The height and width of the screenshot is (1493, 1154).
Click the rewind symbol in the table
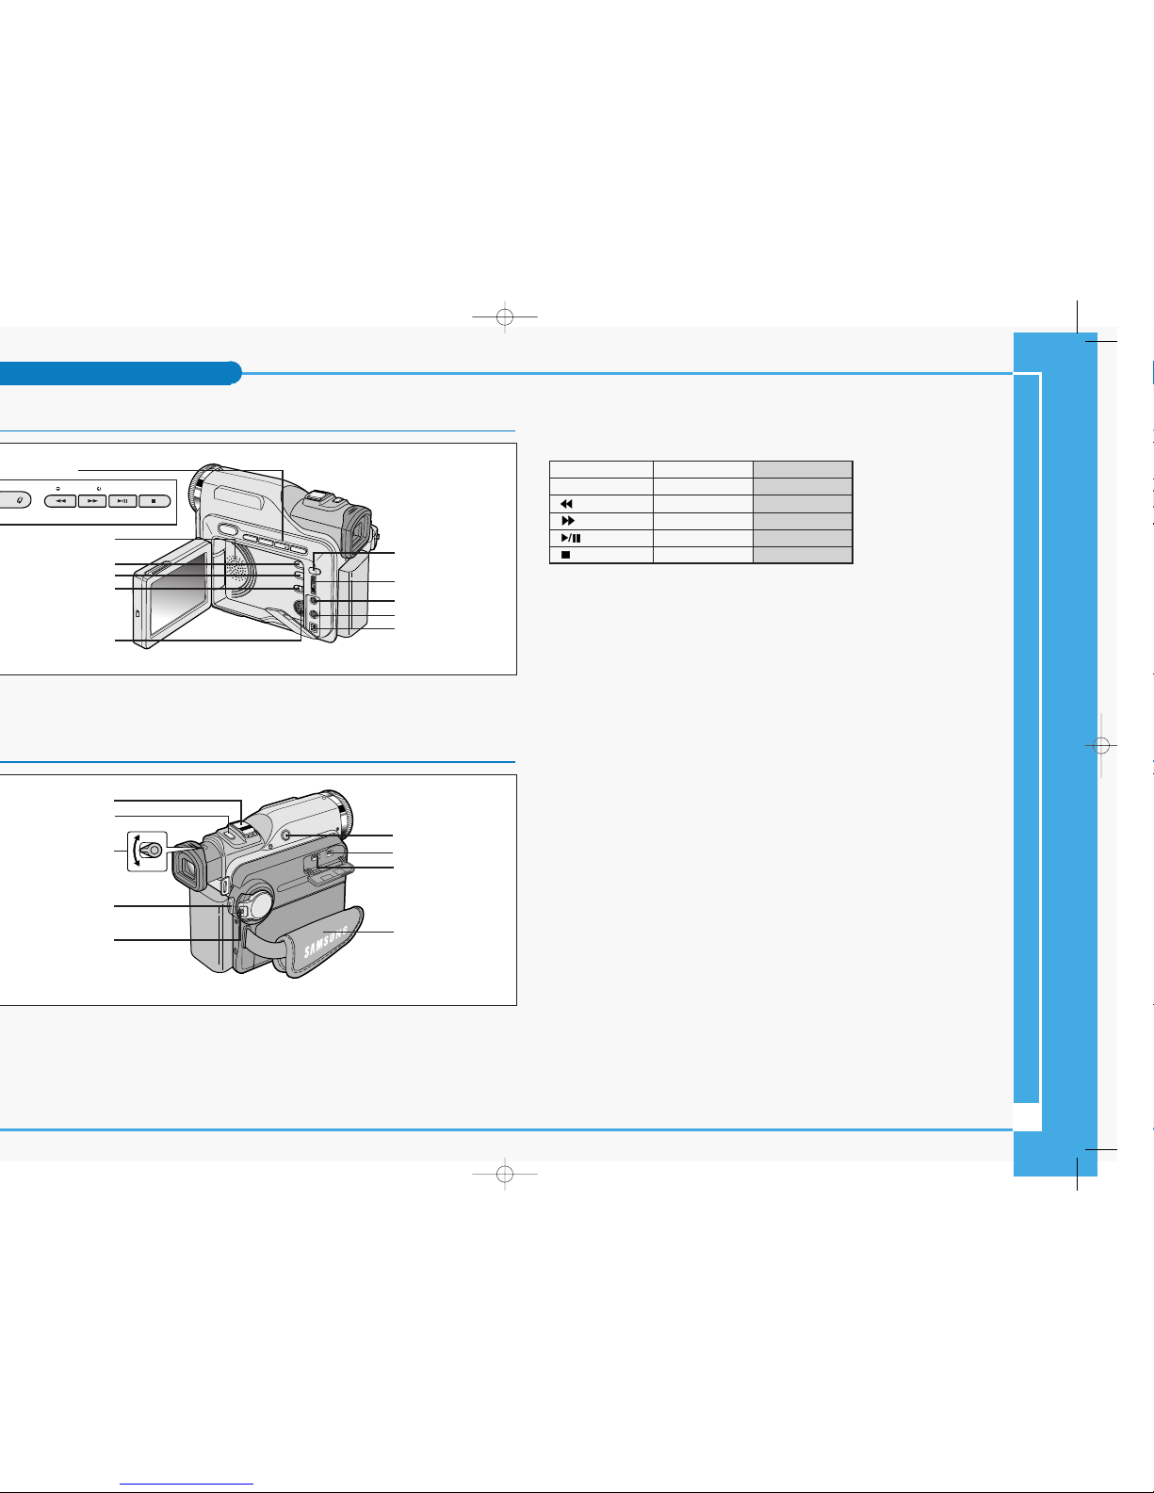(567, 504)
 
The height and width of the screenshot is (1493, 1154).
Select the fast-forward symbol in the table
(568, 521)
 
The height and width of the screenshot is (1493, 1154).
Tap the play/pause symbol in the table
(571, 538)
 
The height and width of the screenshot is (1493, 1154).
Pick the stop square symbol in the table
(566, 555)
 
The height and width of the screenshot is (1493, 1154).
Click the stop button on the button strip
(154, 501)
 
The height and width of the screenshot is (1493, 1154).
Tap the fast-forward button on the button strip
(92, 501)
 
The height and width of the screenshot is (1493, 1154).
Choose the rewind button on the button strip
(60, 501)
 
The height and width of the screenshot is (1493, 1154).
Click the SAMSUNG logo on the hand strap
(326, 941)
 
